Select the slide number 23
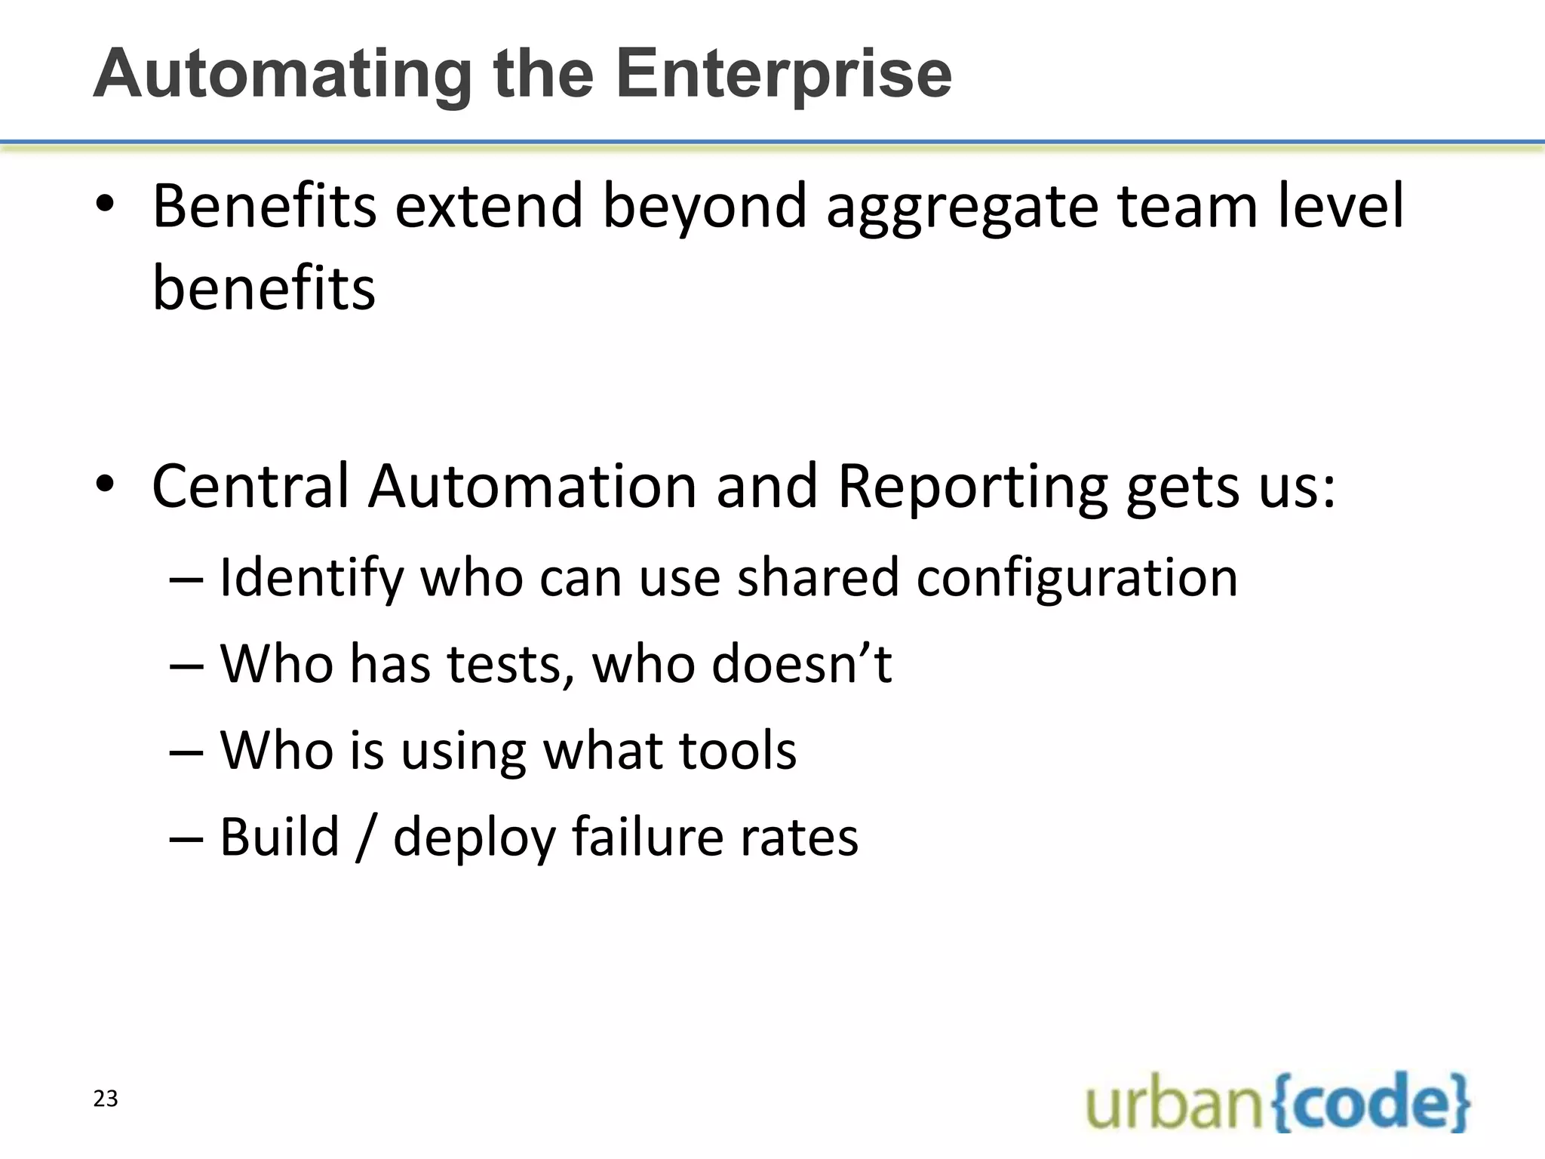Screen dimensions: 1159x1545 (x=106, y=1099)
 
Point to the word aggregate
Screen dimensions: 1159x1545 (x=963, y=207)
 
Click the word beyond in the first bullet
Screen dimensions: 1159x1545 (x=705, y=207)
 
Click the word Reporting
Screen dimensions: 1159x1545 (x=972, y=487)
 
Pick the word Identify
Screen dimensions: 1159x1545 (x=312, y=578)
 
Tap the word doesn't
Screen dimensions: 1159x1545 (x=802, y=664)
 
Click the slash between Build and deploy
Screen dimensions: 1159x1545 (x=366, y=838)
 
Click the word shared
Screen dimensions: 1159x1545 (x=818, y=578)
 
